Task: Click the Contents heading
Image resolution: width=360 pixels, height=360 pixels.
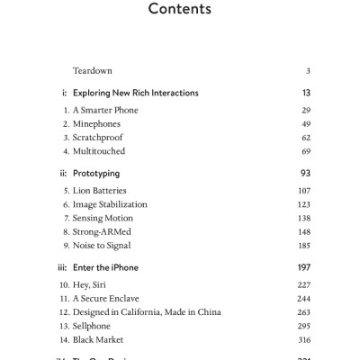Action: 179,11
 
